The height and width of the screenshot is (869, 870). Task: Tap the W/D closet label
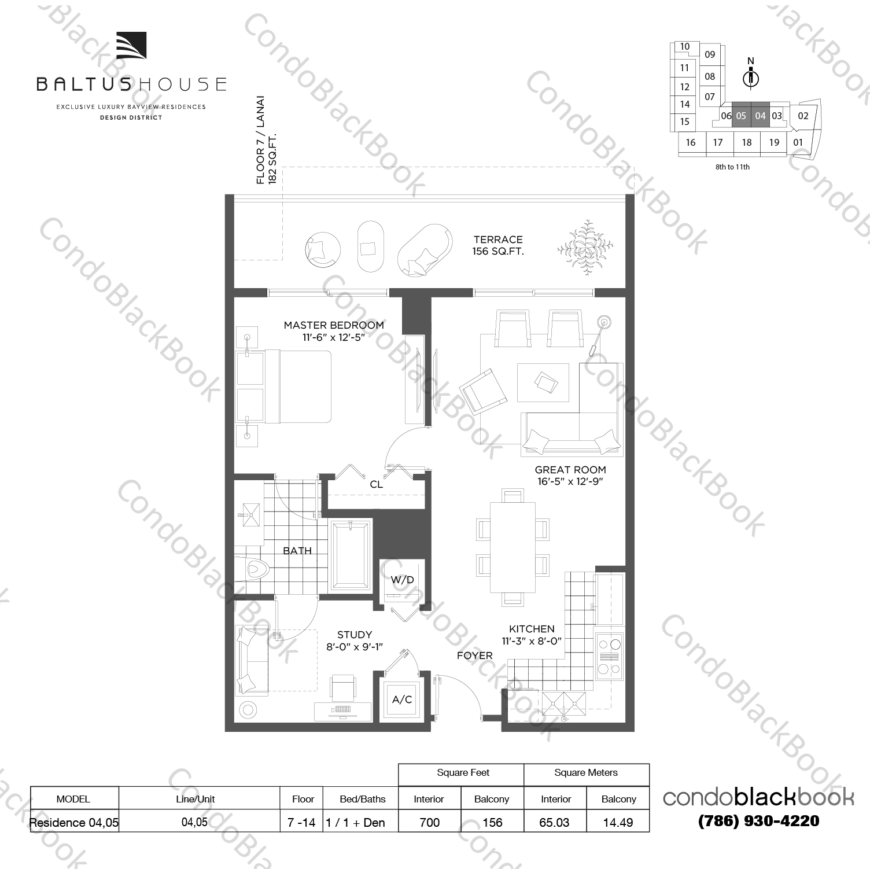coord(402,580)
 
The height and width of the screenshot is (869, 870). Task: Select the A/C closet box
coord(402,699)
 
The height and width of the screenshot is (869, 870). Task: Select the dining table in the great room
coord(513,547)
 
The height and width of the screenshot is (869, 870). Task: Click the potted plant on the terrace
coord(587,248)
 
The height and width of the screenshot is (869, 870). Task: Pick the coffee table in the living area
coord(543,382)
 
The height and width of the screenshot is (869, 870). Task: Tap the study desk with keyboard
coord(343,710)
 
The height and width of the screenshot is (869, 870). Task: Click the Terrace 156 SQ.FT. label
coord(498,245)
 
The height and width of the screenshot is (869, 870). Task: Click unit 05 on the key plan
coord(741,116)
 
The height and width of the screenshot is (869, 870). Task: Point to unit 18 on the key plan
coord(747,142)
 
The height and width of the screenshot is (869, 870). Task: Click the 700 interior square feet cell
coord(429,822)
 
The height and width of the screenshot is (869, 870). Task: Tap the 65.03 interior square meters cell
coord(554,822)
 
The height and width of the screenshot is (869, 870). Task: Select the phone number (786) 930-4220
coord(758,820)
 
